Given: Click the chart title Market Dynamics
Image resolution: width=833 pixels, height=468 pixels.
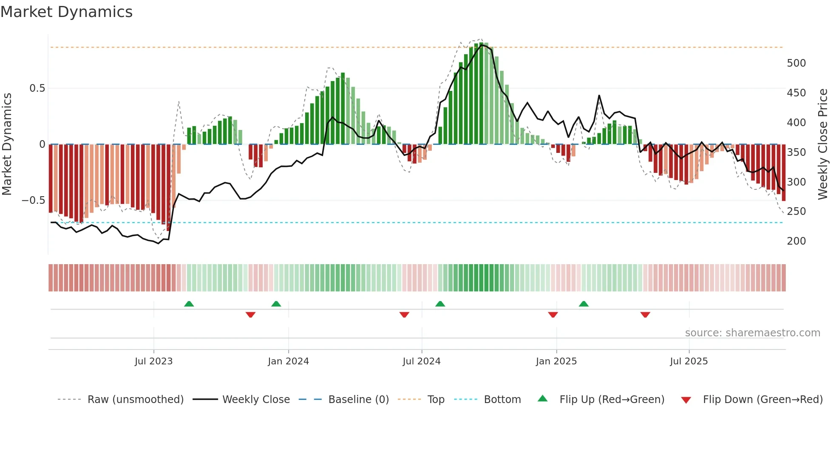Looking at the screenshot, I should pyautogui.click(x=66, y=12).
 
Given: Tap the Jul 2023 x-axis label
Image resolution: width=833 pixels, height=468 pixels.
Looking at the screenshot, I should pyautogui.click(x=153, y=361).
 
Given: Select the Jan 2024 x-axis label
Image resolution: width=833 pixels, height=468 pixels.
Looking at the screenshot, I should pyautogui.click(x=288, y=361).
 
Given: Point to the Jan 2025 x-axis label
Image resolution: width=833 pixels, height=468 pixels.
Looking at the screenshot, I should pyautogui.click(x=556, y=361).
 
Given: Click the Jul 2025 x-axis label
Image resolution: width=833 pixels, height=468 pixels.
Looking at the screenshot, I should pyautogui.click(x=688, y=361).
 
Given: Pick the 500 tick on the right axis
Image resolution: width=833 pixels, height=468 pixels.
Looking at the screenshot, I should pyautogui.click(x=796, y=63).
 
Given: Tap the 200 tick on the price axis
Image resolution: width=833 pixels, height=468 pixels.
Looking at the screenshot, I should pyautogui.click(x=796, y=241).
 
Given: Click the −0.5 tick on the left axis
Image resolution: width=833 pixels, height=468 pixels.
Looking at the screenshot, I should pyautogui.click(x=33, y=200).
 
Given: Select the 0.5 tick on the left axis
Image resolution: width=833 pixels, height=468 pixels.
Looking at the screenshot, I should pyautogui.click(x=37, y=88).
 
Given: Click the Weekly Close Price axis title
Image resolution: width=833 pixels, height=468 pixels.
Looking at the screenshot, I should pyautogui.click(x=823, y=144).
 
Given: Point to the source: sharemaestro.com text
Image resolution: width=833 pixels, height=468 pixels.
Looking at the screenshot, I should pyautogui.click(x=752, y=333).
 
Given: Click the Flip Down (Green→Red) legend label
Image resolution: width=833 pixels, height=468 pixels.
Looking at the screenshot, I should pyautogui.click(x=762, y=400).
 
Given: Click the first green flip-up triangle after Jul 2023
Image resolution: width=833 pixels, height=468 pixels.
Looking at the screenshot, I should pyautogui.click(x=189, y=304).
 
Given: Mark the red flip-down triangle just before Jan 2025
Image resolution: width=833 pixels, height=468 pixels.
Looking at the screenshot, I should pyautogui.click(x=552, y=315).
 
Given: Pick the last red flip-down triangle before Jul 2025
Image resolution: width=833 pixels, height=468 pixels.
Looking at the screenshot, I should pyautogui.click(x=645, y=315).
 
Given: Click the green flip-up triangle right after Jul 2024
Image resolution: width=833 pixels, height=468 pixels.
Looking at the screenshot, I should pyautogui.click(x=440, y=304).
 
